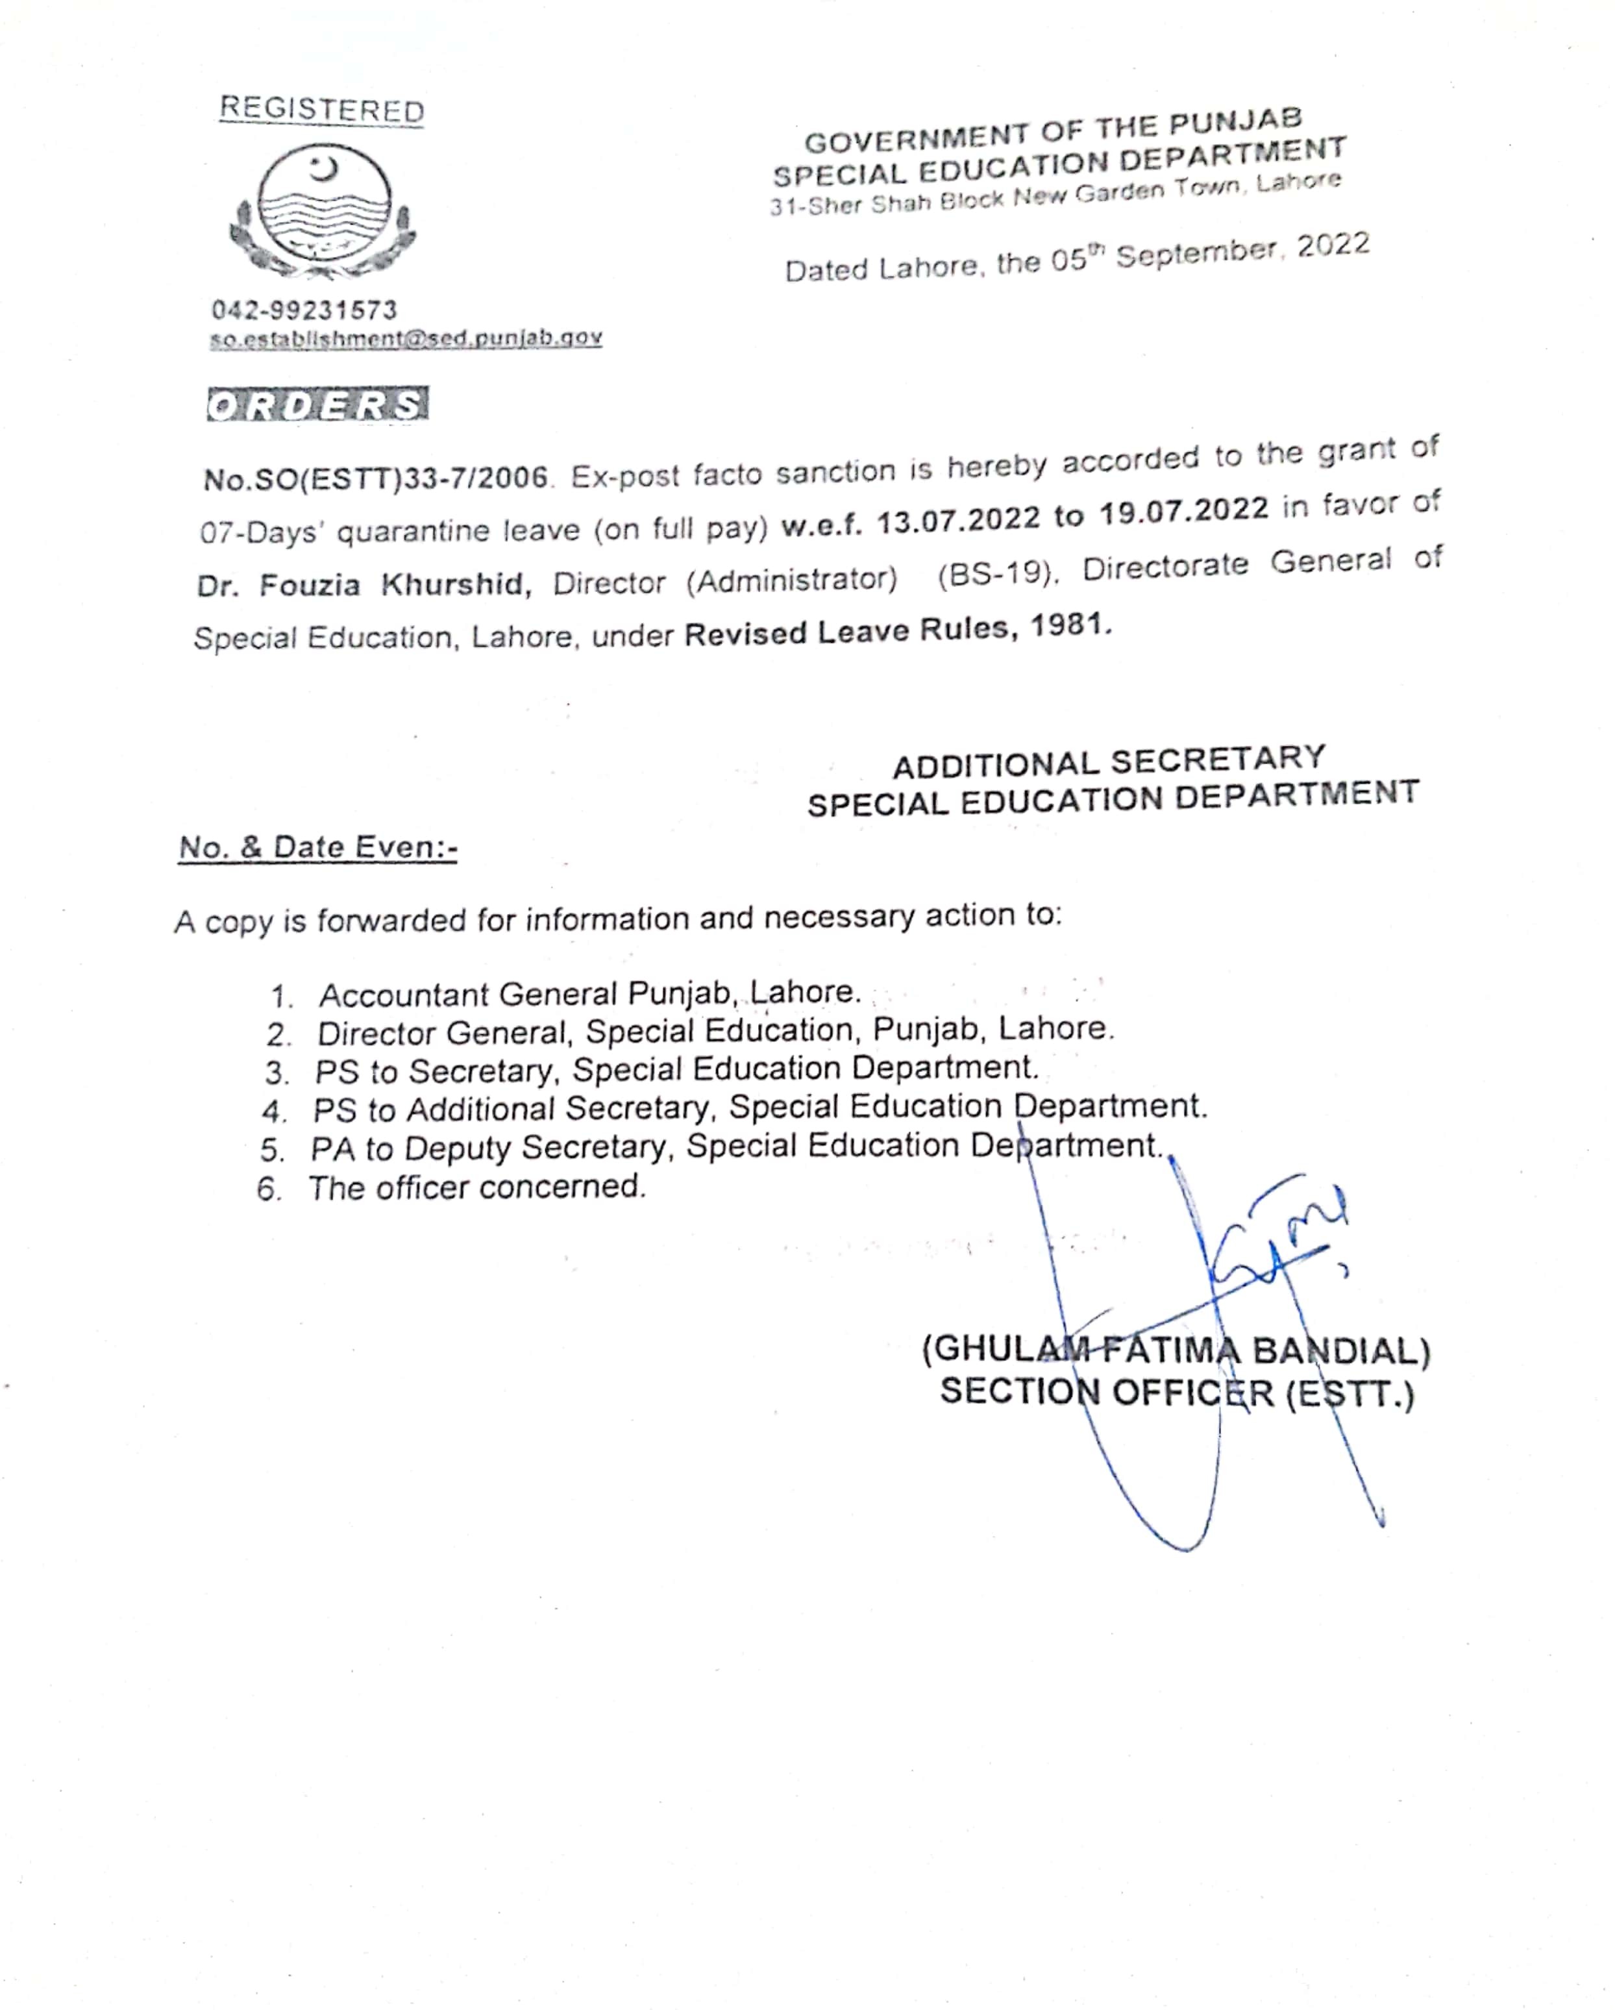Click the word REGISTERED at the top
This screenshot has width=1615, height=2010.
pos(321,110)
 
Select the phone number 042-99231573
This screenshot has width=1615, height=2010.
pos(304,310)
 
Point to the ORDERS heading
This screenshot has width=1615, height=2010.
pos(318,404)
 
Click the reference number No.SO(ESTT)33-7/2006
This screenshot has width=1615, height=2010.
pos(376,478)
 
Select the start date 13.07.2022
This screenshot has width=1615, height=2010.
pos(958,518)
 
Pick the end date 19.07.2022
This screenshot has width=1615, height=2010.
pos(1183,510)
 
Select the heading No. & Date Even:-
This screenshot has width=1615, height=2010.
pos(318,847)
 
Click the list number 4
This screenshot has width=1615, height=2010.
pos(273,1111)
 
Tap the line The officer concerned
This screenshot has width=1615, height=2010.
pos(477,1187)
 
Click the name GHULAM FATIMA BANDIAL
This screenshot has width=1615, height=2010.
pos(1176,1351)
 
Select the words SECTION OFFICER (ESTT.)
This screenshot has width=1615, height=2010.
pos(1177,1392)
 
